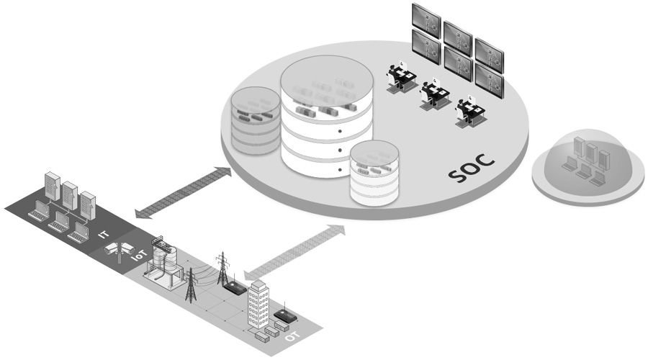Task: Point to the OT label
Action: point(292,335)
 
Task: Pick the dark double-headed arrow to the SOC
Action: point(184,192)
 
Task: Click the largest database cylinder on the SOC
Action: point(326,119)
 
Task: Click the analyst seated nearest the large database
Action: point(399,76)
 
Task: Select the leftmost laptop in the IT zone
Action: point(37,210)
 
